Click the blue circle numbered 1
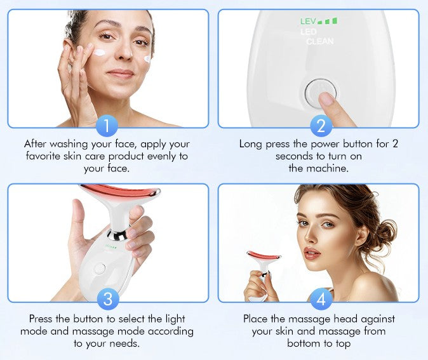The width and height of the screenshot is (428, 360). [x=107, y=126]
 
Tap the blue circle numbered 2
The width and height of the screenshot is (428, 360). [x=320, y=126]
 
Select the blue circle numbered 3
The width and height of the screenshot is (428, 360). [x=107, y=298]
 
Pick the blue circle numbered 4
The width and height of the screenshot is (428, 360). [x=320, y=298]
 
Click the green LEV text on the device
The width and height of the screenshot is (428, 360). [x=308, y=22]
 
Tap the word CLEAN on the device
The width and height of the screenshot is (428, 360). [x=319, y=42]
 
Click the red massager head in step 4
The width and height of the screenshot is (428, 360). [x=264, y=255]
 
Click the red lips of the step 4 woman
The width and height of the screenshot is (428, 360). [x=311, y=253]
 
